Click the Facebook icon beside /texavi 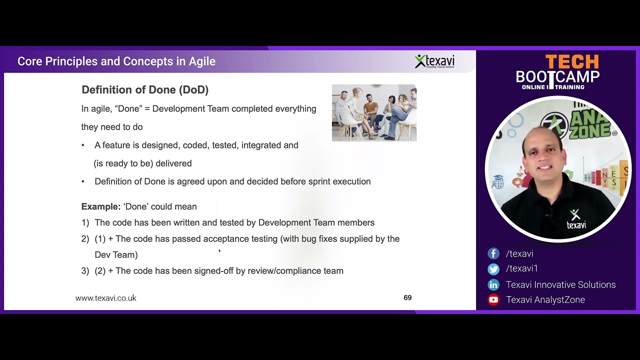(x=493, y=253)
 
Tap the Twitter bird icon (x=493, y=269)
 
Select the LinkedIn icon (x=493, y=285)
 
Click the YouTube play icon (x=493, y=300)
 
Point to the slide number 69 (x=407, y=298)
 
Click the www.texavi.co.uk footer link (x=105, y=298)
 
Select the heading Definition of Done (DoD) (x=145, y=90)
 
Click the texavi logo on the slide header (x=434, y=61)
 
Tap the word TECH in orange (x=571, y=62)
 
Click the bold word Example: (x=101, y=206)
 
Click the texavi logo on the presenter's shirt (x=576, y=219)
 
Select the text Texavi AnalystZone (x=545, y=300)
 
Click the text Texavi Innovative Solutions (x=560, y=285)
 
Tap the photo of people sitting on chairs (x=374, y=113)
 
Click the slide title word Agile (x=202, y=61)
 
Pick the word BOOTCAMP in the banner (x=557, y=77)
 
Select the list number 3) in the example (x=85, y=271)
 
